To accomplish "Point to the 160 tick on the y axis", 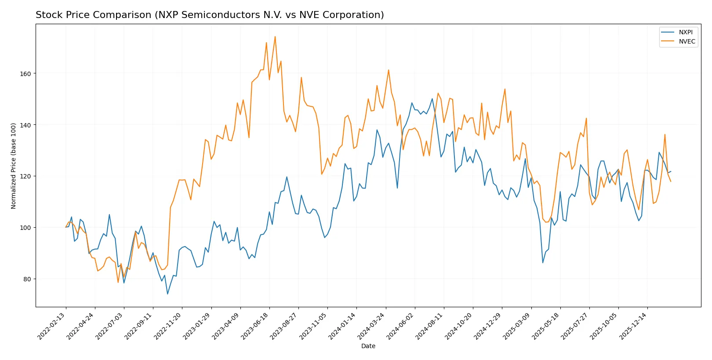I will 25,74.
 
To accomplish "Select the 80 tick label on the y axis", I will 27,279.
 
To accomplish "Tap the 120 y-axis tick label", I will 25,176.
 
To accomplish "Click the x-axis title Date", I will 368,346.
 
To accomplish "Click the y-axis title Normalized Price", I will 14,166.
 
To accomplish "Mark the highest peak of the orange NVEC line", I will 275,36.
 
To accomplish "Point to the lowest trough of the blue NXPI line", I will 167,294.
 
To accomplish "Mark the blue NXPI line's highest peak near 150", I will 432,98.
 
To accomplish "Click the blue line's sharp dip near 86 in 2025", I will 543,263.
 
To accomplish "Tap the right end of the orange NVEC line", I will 671,181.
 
